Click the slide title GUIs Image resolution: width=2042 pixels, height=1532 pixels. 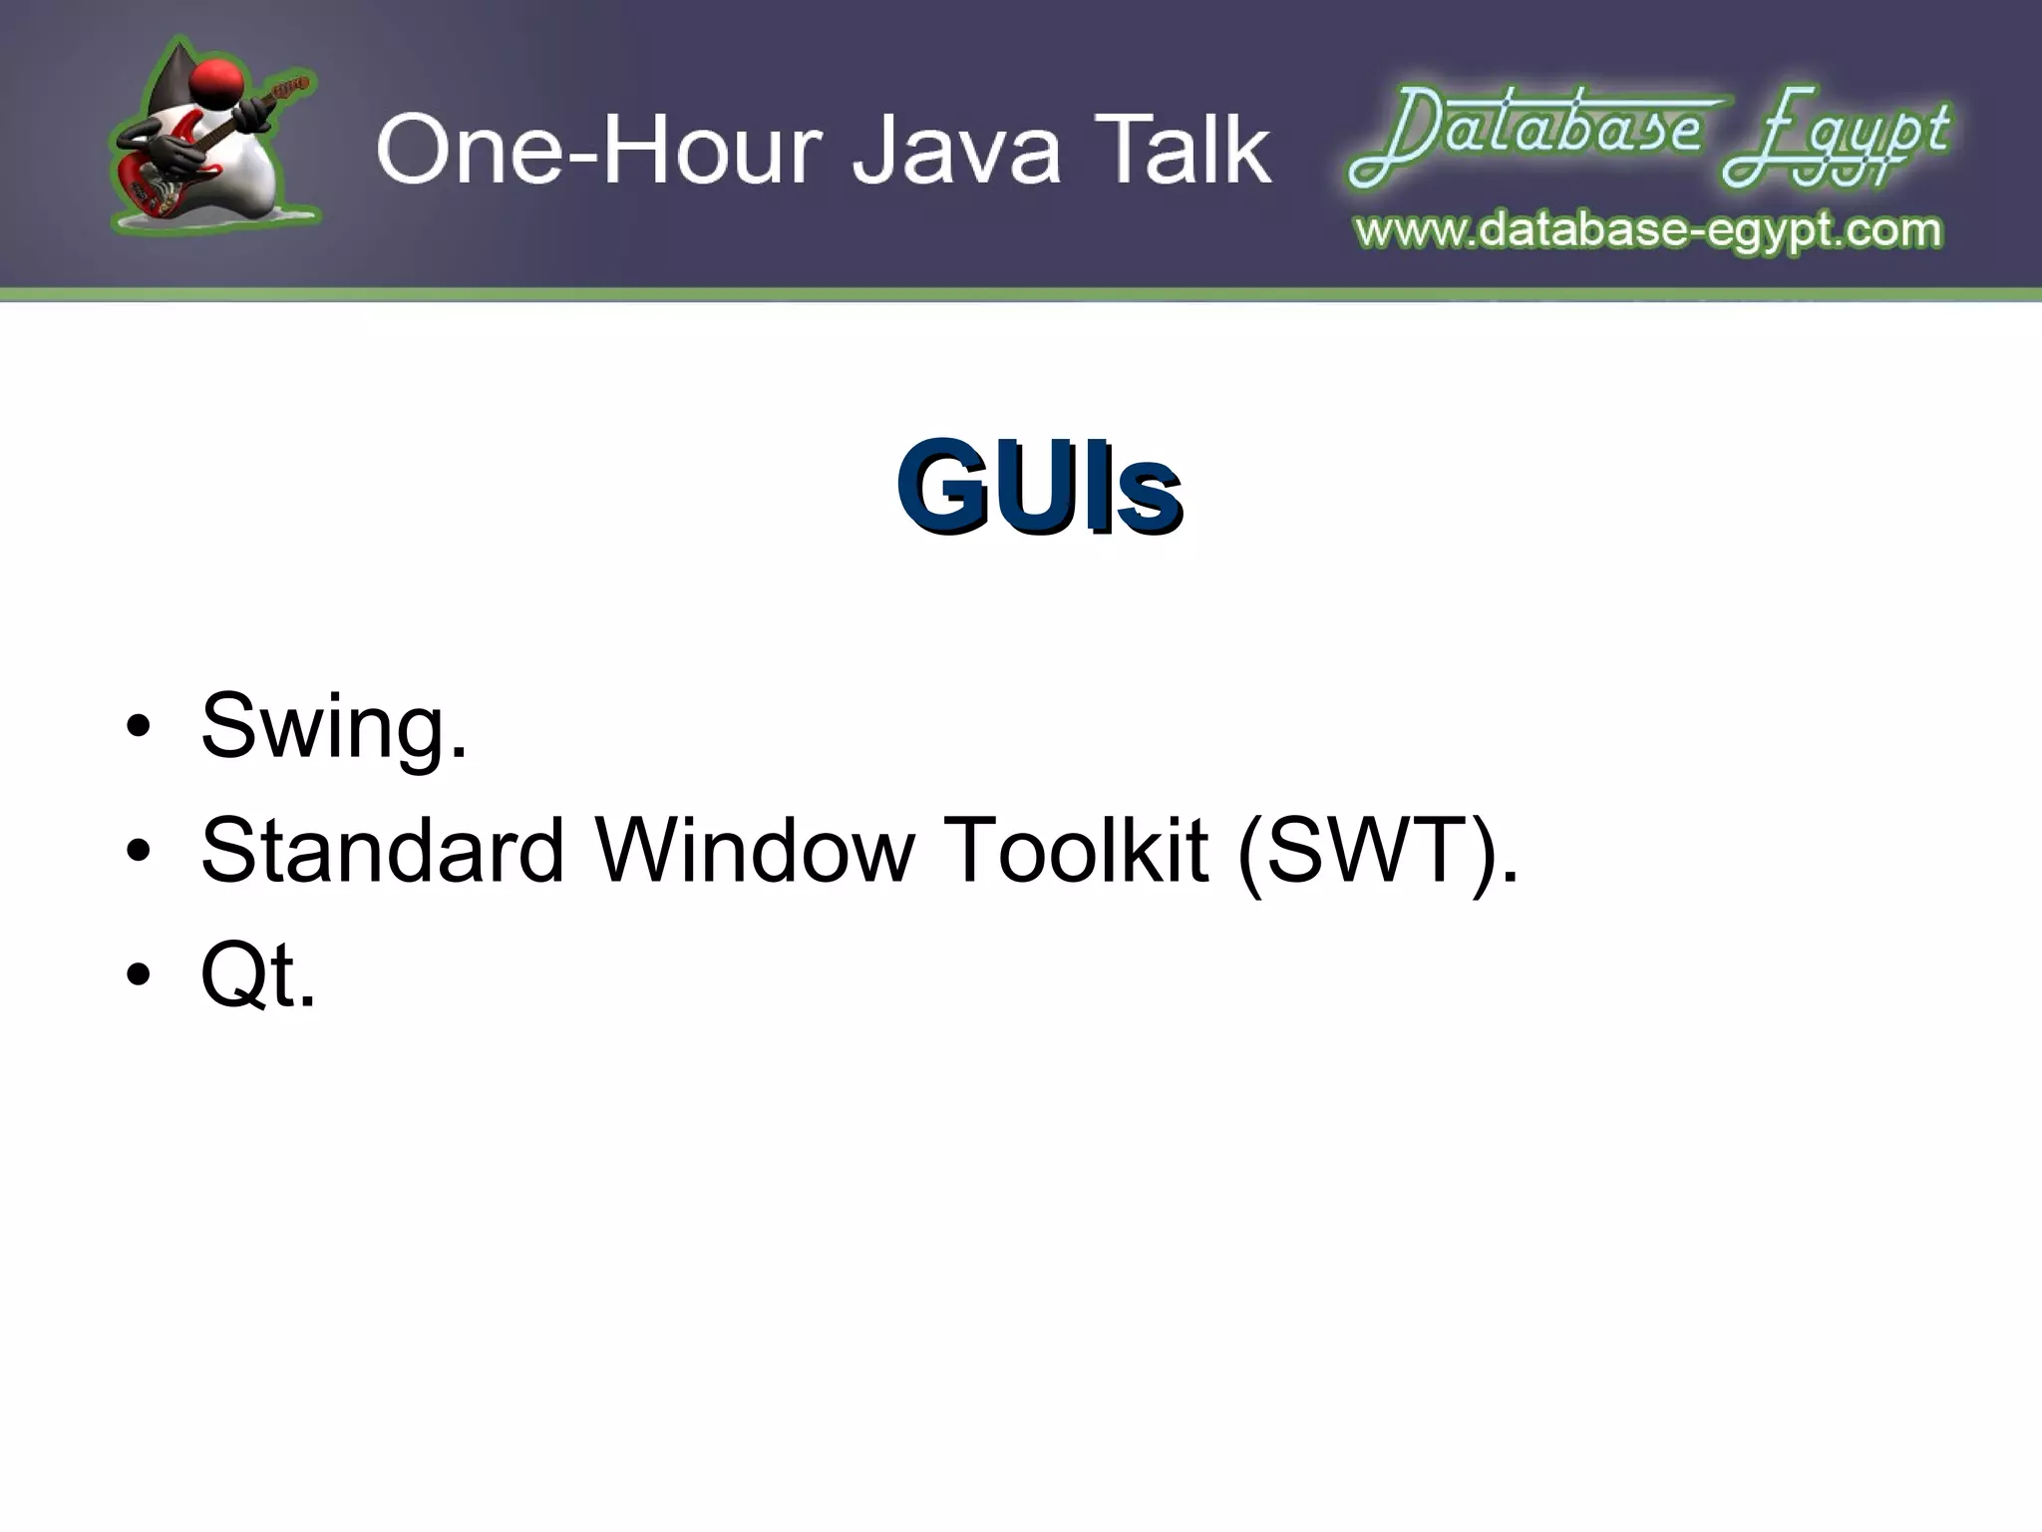tap(1038, 488)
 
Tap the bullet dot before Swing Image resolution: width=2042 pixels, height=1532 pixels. tap(139, 728)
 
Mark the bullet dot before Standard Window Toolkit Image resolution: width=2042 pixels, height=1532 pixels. tap(139, 852)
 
